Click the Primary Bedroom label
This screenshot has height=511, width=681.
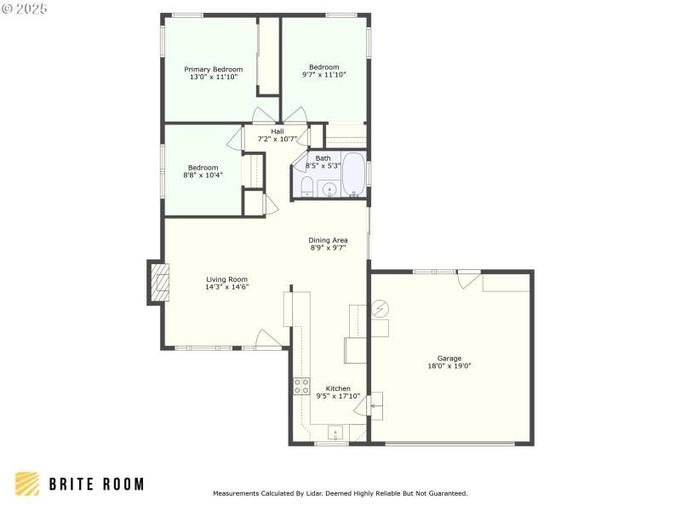pyautogui.click(x=214, y=69)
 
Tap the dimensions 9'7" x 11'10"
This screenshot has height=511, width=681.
pyautogui.click(x=323, y=75)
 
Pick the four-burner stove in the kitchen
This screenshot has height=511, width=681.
pyautogui.click(x=301, y=386)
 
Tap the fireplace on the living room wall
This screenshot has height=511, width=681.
pyautogui.click(x=158, y=281)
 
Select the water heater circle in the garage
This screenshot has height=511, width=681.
pyautogui.click(x=381, y=307)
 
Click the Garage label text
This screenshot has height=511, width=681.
pyautogui.click(x=449, y=359)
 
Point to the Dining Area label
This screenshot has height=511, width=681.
pyautogui.click(x=328, y=240)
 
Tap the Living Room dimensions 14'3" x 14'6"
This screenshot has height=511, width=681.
pyautogui.click(x=226, y=287)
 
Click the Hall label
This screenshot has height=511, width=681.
pyautogui.click(x=278, y=131)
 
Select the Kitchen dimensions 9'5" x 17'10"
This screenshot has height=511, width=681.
pyautogui.click(x=338, y=395)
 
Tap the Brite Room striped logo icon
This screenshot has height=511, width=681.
pyautogui.click(x=27, y=484)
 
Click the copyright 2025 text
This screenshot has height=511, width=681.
pyautogui.click(x=25, y=8)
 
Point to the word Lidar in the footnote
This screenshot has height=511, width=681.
pyautogui.click(x=318, y=493)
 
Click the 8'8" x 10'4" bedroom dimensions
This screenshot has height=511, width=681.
pyautogui.click(x=203, y=175)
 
